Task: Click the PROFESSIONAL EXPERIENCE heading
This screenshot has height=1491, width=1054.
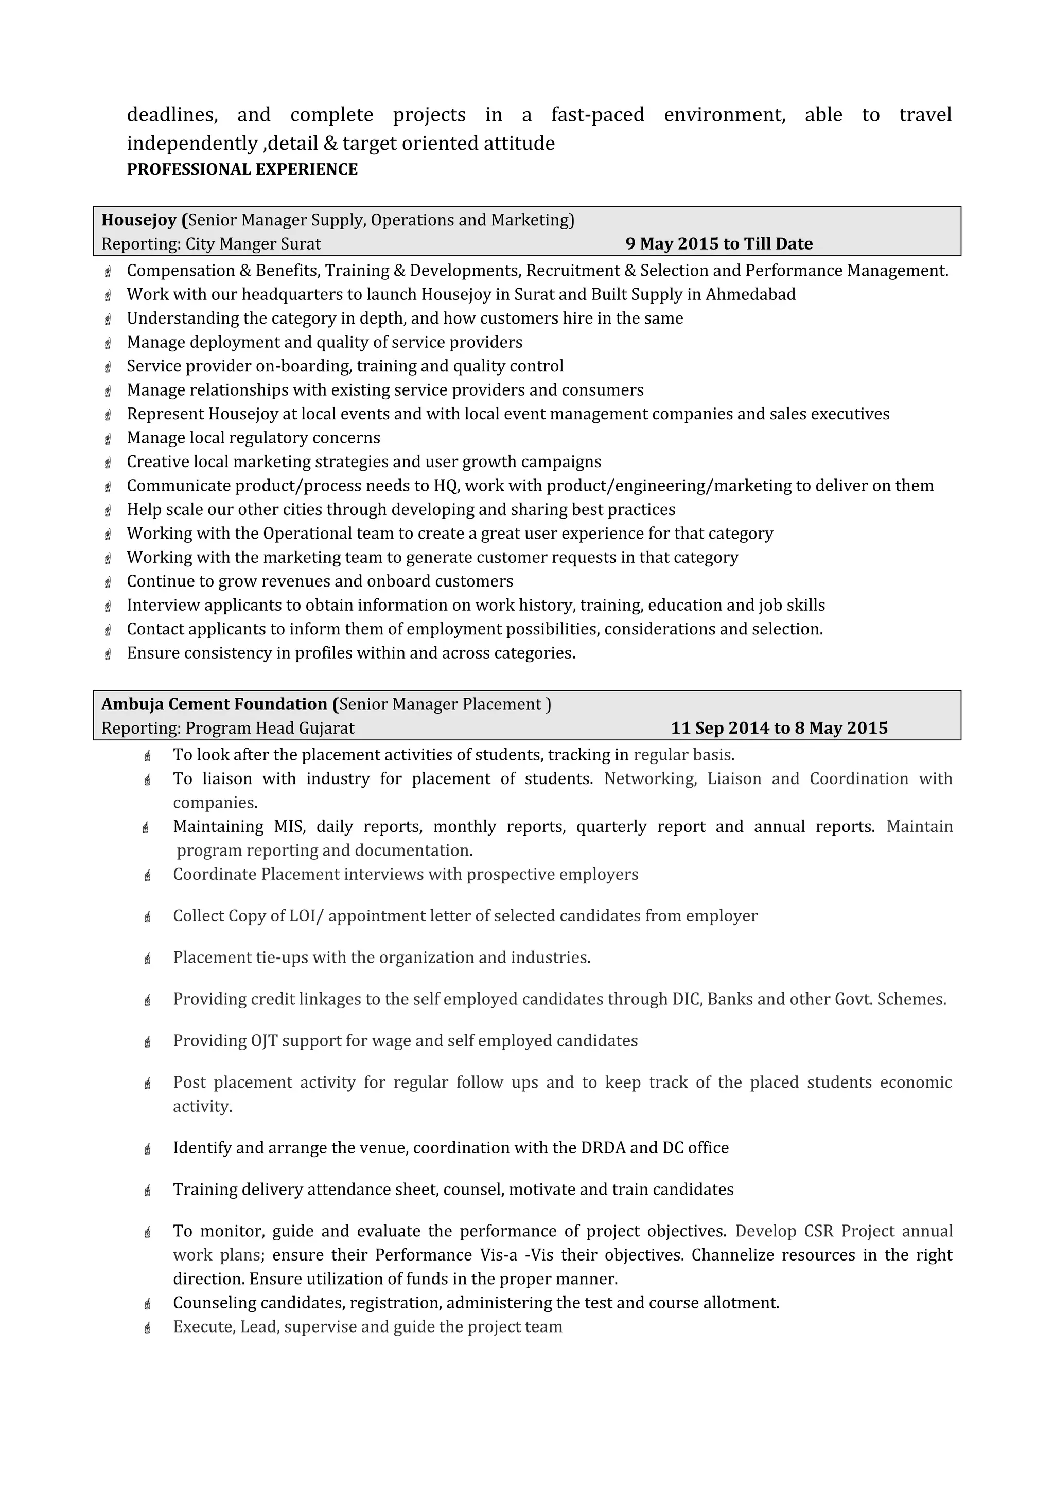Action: click(242, 169)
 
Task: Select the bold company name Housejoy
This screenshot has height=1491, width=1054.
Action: click(139, 220)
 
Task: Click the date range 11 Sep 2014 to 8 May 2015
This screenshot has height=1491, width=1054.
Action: click(779, 728)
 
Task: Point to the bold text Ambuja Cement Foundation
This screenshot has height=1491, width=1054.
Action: click(214, 704)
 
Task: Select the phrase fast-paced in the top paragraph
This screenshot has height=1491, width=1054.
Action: click(598, 115)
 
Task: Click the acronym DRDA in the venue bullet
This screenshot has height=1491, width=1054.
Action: click(603, 1148)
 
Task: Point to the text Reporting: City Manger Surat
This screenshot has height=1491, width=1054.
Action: click(211, 244)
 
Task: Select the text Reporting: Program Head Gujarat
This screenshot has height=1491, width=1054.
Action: click(228, 728)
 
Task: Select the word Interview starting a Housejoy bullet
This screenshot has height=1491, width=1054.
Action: click(163, 605)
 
